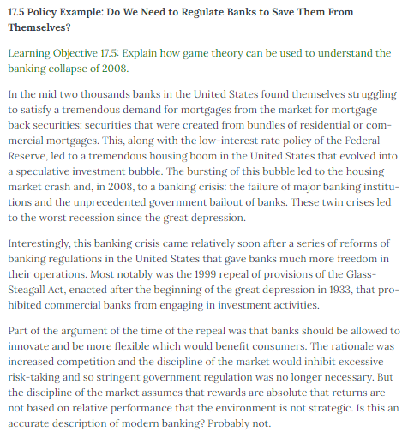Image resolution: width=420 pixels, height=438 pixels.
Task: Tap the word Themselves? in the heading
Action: (45, 28)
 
